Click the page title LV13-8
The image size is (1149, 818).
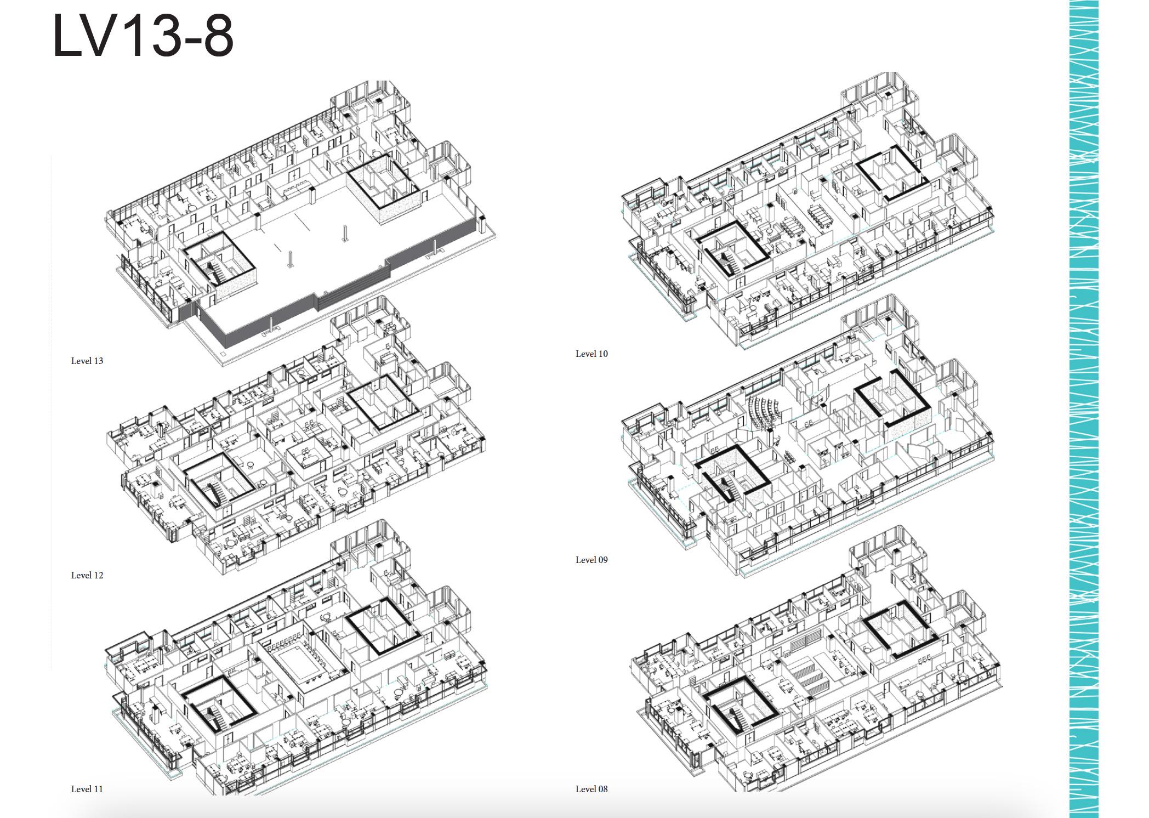tap(143, 36)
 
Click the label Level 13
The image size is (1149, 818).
tap(87, 361)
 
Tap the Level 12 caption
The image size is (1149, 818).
tap(87, 575)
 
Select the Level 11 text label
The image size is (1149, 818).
tap(87, 789)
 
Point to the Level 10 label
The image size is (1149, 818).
tap(591, 354)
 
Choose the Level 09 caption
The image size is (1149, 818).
tap(591, 560)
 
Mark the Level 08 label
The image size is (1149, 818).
tap(591, 789)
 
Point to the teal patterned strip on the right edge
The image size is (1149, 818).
tap(1084, 409)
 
